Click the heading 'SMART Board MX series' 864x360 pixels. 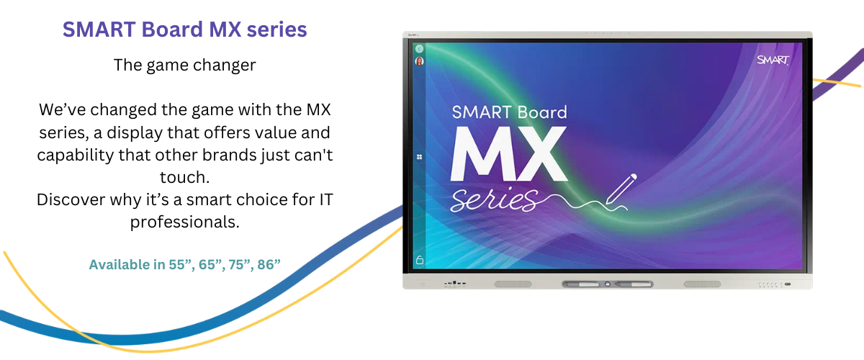pos(185,30)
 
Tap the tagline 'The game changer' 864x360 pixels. pos(185,65)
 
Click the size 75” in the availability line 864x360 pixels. pos(240,264)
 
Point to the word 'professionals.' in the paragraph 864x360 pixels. pos(185,222)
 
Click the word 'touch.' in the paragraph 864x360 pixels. pos(185,177)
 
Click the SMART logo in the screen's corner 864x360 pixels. pos(773,60)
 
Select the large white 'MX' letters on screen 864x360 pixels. pos(508,153)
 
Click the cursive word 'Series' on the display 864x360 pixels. pos(495,199)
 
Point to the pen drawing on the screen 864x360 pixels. pos(621,189)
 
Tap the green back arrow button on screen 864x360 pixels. pos(419,49)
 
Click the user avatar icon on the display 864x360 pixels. pos(419,61)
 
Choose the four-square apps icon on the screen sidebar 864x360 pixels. pos(419,157)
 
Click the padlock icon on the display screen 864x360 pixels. pos(420,260)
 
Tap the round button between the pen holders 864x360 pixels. pos(608,284)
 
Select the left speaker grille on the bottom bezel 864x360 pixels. pos(513,284)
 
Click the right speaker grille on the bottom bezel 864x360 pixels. pos(702,284)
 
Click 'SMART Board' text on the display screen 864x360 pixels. pos(510,112)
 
